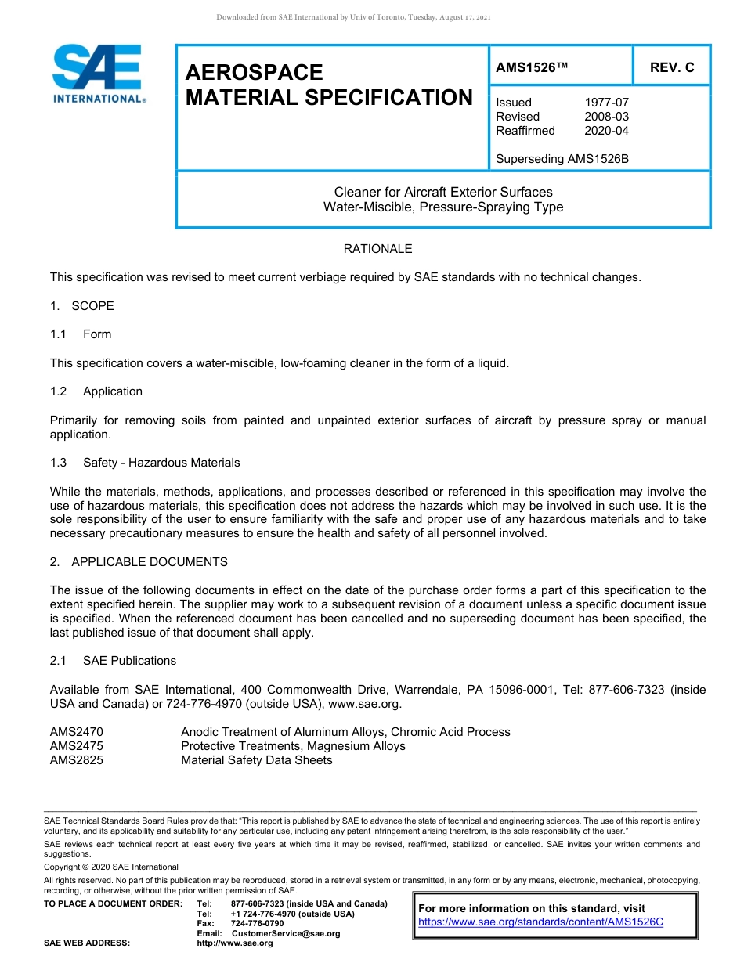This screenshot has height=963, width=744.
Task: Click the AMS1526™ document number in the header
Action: [531, 68]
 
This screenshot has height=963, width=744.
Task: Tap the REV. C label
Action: [671, 68]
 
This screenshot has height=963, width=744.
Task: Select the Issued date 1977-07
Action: [606, 103]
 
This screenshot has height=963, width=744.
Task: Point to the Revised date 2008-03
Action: [606, 117]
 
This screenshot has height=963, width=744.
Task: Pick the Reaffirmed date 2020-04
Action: [606, 131]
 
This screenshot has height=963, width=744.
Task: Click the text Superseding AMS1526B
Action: [562, 159]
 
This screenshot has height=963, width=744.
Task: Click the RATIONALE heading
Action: [377, 249]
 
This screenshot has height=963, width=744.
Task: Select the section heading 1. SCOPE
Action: [82, 306]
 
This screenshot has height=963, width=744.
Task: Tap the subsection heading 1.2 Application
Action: [96, 391]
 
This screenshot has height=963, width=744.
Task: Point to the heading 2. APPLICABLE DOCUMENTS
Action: [139, 562]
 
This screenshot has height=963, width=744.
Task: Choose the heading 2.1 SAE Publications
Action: [113, 661]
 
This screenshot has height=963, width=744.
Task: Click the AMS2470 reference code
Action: [77, 732]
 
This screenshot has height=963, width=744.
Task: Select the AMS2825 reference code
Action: [77, 760]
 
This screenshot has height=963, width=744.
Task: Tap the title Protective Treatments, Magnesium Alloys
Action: [293, 746]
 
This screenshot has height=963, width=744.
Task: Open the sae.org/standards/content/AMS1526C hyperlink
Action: [540, 922]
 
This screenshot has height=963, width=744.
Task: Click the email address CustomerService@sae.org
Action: [286, 933]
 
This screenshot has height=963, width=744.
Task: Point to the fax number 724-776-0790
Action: [257, 924]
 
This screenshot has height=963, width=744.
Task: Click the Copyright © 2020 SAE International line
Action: [111, 867]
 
